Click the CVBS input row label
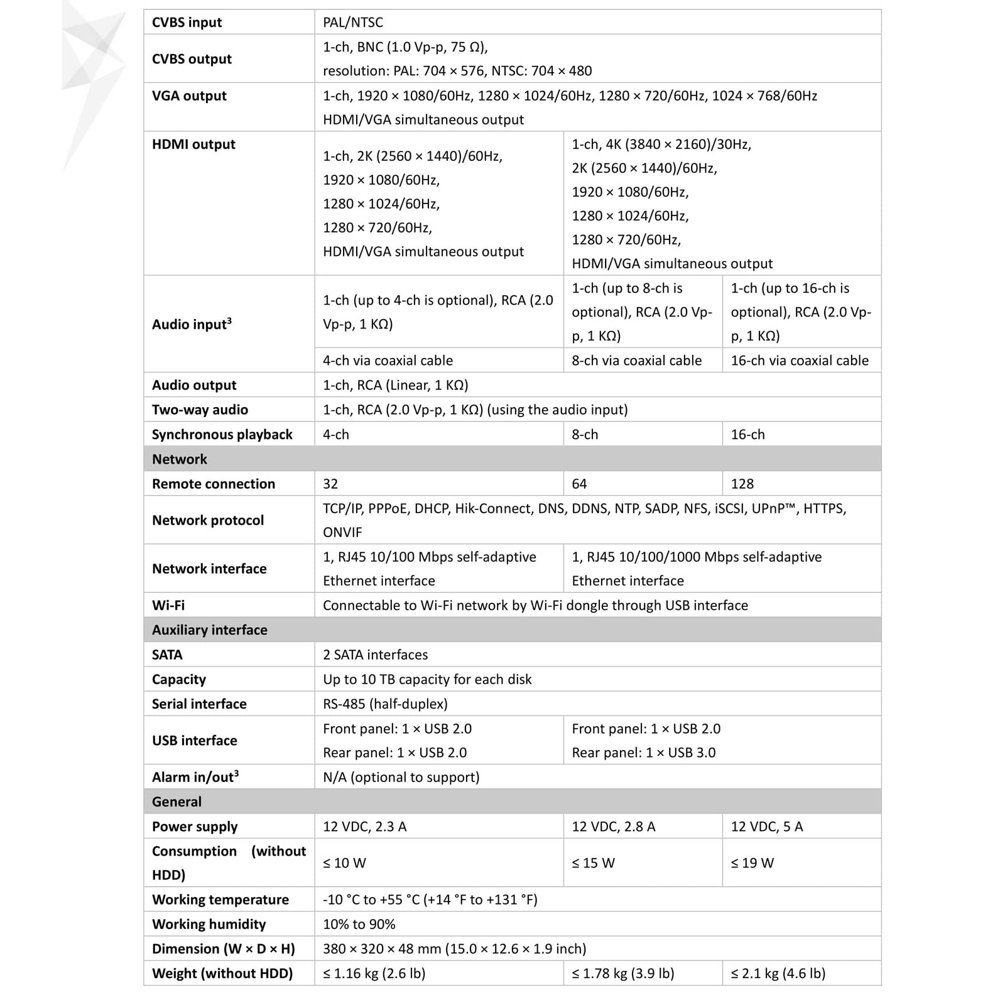(187, 23)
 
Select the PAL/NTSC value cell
(353, 23)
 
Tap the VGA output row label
(189, 96)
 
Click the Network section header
(180, 459)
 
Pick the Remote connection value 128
(742, 484)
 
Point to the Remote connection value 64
(579, 484)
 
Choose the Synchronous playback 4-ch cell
(336, 435)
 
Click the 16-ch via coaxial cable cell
(799, 361)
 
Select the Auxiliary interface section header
(210, 630)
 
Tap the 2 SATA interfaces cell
(375, 655)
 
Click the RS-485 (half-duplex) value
(385, 704)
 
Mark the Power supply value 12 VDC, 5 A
(766, 827)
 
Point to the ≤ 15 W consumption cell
(593, 863)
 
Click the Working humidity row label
(209, 925)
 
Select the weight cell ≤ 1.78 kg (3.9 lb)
(622, 974)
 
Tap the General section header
(177, 802)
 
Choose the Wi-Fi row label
(168, 606)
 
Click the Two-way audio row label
(200, 410)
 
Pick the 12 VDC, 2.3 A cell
(364, 827)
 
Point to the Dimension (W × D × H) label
(223, 949)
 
